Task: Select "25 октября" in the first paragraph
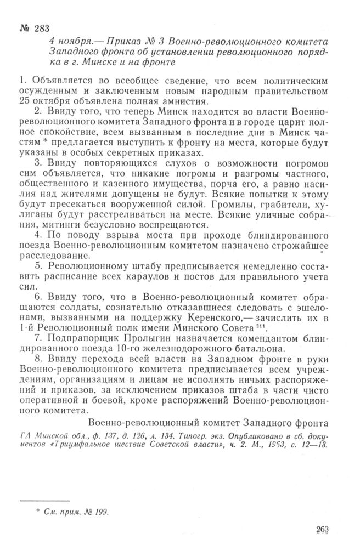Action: [x=44, y=101]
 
